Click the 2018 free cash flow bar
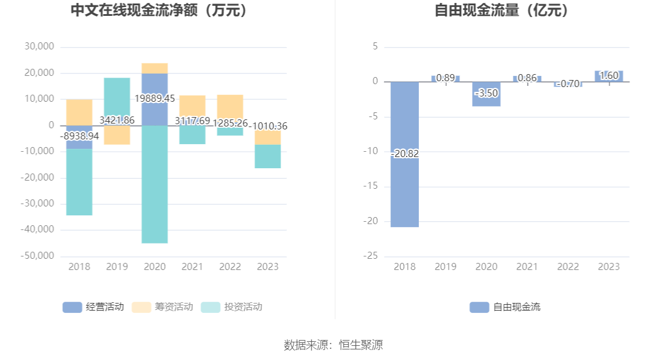pyautogui.click(x=405, y=188)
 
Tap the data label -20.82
pyautogui.click(x=405, y=154)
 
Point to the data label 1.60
pyautogui.click(x=609, y=75)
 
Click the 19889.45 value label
pyautogui.click(x=155, y=98)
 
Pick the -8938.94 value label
pyautogui.click(x=79, y=136)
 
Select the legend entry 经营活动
pyautogui.click(x=94, y=306)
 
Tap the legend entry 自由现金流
pyautogui.click(x=505, y=306)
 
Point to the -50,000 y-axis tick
pyautogui.click(x=39, y=256)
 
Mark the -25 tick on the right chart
pyautogui.click(x=373, y=256)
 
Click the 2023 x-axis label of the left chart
pyautogui.click(x=268, y=266)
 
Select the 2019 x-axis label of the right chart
pyautogui.click(x=445, y=266)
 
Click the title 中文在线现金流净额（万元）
pyautogui.click(x=158, y=11)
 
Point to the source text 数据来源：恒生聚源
pyautogui.click(x=333, y=345)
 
